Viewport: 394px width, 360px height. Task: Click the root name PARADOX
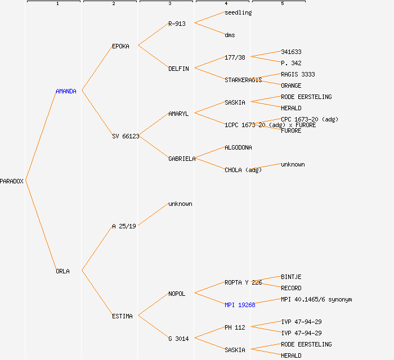click(x=12, y=181)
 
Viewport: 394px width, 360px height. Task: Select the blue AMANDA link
click(x=66, y=91)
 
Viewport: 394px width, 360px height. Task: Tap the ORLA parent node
click(x=62, y=271)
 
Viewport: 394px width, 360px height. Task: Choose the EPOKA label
click(x=120, y=46)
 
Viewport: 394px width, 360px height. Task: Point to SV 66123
click(x=126, y=136)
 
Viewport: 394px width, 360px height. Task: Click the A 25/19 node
click(x=124, y=226)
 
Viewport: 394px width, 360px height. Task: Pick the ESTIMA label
click(x=122, y=316)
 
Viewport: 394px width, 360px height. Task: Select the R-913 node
click(x=177, y=24)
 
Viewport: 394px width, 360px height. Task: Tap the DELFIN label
click(x=178, y=69)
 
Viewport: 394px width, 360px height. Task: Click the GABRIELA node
click(x=182, y=159)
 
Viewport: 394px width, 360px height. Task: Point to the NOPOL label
click(x=177, y=294)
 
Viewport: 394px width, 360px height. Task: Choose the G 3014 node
click(x=178, y=339)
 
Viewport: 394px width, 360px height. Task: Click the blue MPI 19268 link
click(x=240, y=305)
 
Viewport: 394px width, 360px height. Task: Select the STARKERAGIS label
click(x=243, y=80)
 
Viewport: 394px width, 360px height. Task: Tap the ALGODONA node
click(x=238, y=147)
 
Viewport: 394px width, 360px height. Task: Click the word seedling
click(x=238, y=12)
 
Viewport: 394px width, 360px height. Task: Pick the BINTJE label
click(x=291, y=277)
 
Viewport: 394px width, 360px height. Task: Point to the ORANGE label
click(x=291, y=85)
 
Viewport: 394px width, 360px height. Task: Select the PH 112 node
click(x=235, y=327)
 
